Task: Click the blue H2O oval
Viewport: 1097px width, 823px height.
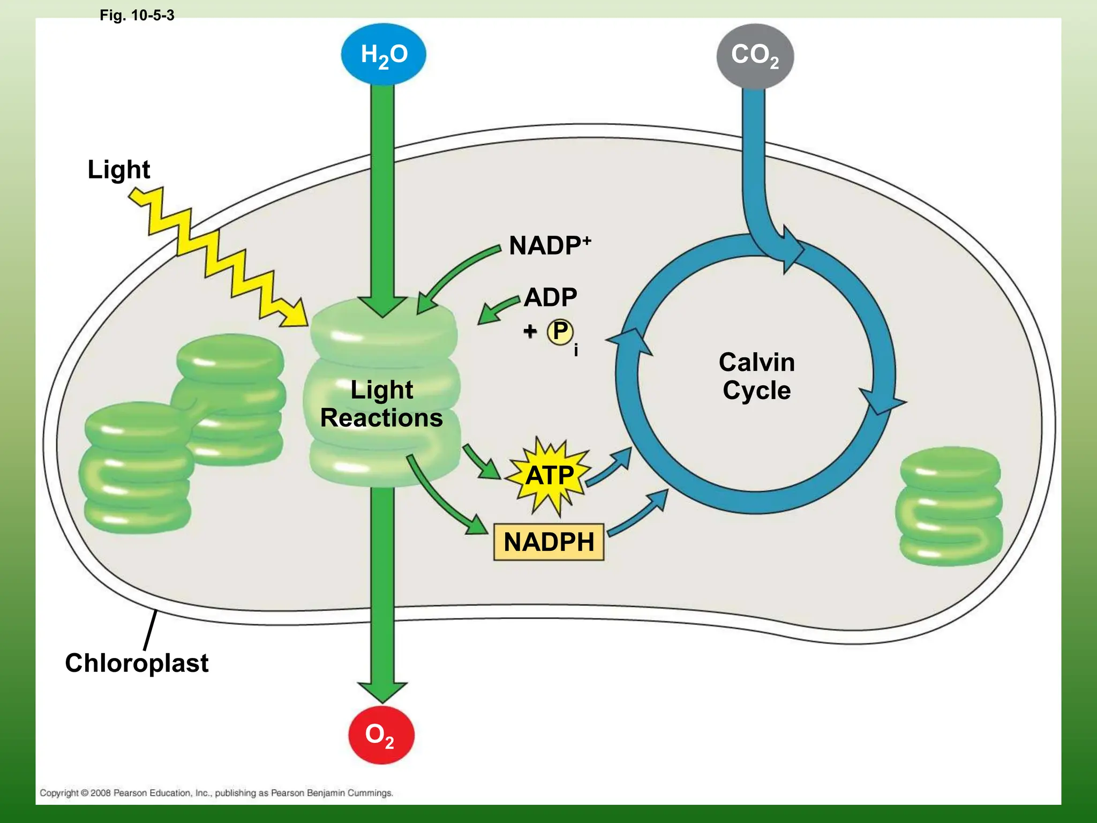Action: point(384,54)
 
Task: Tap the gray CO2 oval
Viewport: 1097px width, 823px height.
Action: point(755,55)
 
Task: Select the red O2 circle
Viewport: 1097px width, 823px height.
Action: point(381,735)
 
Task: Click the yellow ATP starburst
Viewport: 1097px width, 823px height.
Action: point(550,476)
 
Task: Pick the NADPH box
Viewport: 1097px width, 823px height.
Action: point(548,542)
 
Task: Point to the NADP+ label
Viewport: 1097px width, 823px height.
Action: point(549,245)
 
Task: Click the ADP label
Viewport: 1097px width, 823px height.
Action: point(550,297)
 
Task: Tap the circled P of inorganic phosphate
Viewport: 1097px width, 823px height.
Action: point(560,332)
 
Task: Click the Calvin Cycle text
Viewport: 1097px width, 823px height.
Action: point(756,376)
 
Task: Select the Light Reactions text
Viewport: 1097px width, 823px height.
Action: point(381,403)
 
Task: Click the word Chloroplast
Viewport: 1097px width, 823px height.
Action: point(137,663)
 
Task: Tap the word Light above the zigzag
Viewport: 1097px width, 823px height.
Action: point(118,169)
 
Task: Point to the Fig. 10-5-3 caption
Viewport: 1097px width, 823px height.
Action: point(137,15)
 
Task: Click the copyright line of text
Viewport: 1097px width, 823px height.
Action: point(216,792)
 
